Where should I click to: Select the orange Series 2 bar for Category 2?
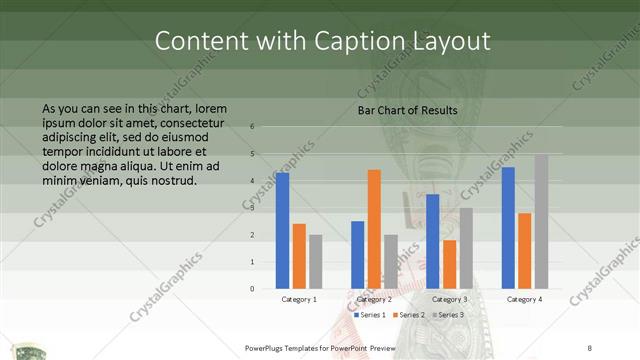[x=374, y=229]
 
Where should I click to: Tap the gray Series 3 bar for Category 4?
[x=540, y=221]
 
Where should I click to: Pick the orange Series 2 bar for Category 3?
[x=450, y=264]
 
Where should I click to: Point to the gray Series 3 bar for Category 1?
[x=315, y=262]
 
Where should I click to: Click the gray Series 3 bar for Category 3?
[x=466, y=248]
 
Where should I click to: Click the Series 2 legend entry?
[x=410, y=315]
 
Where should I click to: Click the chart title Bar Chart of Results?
[x=407, y=110]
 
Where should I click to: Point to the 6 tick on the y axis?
[x=253, y=127]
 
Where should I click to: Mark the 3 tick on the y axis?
[x=253, y=208]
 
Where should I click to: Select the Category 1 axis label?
[x=299, y=299]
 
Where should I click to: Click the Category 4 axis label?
[x=524, y=299]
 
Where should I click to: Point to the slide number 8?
[x=590, y=347]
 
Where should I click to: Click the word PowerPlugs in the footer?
[x=268, y=347]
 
